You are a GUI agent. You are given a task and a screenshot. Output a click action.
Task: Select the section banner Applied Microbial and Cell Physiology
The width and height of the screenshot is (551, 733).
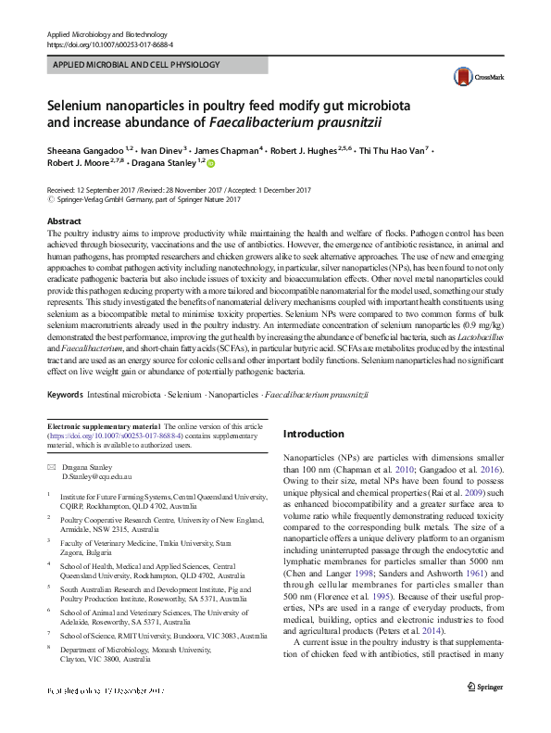pyautogui.click(x=133, y=65)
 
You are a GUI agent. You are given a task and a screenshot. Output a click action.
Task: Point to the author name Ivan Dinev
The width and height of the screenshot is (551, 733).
pyautogui.click(x=166, y=148)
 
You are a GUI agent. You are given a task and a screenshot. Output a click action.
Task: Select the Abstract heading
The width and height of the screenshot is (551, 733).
pyautogui.click(x=64, y=222)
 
